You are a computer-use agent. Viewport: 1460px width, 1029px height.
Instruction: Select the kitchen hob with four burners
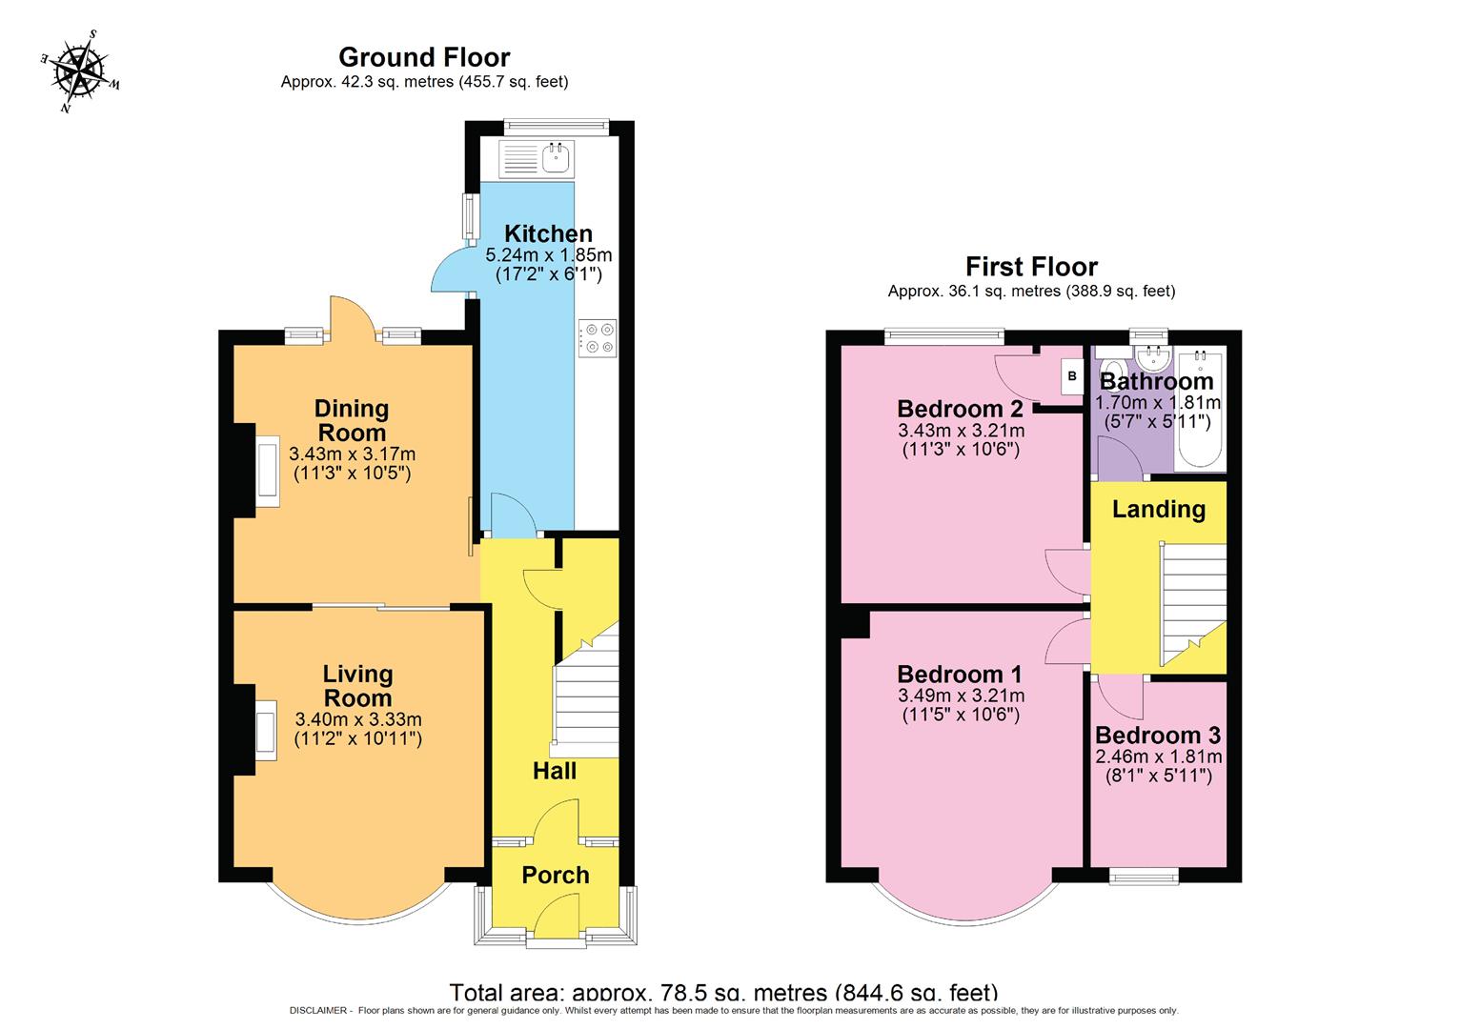(x=598, y=338)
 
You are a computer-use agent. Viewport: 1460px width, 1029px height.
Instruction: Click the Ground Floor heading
(x=424, y=57)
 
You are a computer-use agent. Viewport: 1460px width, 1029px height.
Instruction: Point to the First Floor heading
(x=1031, y=266)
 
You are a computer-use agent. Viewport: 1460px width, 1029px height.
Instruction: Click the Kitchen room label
(x=548, y=233)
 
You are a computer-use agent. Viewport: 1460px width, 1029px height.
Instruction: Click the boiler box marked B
(x=1072, y=377)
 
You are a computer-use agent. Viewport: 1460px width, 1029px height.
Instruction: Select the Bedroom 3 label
(x=1157, y=736)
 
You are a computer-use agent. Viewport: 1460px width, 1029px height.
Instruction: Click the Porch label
(x=556, y=875)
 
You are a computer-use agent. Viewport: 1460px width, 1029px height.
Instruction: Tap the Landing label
(x=1159, y=510)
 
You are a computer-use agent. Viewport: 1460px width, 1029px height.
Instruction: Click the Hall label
(x=555, y=771)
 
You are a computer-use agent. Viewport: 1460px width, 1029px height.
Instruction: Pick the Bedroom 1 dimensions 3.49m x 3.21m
(x=961, y=696)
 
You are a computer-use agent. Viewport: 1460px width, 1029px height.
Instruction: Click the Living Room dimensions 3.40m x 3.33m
(x=358, y=719)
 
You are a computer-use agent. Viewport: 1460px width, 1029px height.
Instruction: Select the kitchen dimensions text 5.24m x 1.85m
(x=549, y=255)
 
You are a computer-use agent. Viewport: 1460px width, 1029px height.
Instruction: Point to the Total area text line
(x=723, y=992)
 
